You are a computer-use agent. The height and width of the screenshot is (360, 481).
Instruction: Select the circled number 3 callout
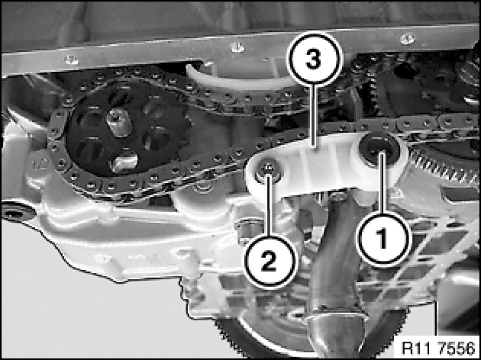tap(313, 58)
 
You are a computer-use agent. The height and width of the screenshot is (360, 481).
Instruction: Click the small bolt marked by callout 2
tap(268, 171)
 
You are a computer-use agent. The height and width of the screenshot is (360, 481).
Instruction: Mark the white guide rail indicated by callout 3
tap(325, 165)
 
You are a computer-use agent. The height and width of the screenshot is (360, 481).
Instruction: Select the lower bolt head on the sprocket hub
tap(124, 162)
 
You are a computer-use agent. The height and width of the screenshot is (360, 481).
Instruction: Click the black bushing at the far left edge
tap(17, 211)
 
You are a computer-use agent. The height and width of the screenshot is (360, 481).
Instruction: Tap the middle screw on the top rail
tap(236, 47)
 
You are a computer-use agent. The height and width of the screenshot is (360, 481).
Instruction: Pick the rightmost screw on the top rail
tap(408, 38)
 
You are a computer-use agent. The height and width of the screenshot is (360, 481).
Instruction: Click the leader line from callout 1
tap(382, 182)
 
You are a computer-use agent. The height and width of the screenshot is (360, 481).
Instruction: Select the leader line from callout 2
tap(268, 203)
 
